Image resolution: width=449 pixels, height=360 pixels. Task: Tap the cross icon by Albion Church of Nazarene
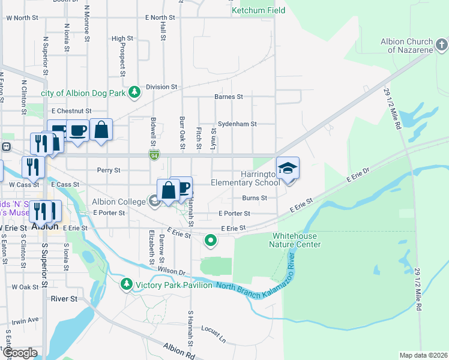click(441, 44)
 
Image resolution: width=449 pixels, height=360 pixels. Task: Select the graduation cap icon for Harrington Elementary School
click(288, 168)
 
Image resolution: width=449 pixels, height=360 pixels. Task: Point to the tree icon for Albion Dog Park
click(136, 92)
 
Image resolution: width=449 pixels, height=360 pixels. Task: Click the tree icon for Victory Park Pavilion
click(126, 284)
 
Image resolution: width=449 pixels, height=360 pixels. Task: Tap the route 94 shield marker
click(154, 155)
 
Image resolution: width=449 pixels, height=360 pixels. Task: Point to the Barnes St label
click(228, 97)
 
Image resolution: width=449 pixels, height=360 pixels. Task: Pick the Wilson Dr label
click(172, 271)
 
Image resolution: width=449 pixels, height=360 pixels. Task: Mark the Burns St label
click(254, 198)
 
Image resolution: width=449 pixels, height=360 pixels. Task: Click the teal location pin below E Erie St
click(210, 241)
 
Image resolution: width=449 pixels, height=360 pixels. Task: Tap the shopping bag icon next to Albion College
click(169, 190)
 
